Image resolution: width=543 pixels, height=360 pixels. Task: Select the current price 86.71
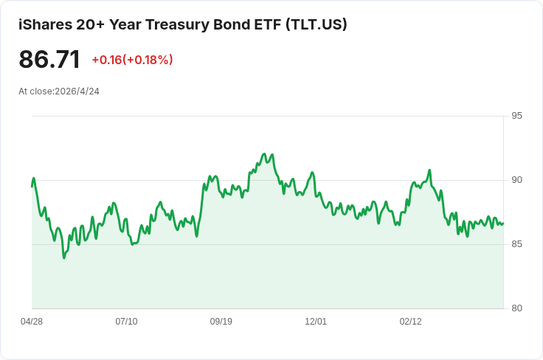coord(49,59)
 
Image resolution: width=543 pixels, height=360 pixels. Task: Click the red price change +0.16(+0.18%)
coord(132,60)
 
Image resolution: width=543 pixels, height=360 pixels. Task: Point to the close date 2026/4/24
coord(77,91)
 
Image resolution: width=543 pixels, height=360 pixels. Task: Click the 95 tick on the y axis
coord(516,116)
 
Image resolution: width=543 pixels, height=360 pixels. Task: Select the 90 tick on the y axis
coord(516,180)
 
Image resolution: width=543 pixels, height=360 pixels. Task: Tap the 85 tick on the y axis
coord(516,244)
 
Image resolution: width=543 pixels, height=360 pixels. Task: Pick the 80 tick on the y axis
coord(516,308)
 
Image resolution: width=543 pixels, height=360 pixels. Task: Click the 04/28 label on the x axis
coord(32,322)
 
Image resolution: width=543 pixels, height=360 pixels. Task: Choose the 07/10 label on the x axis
coord(126,322)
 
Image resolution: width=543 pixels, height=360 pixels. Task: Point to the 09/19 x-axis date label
coord(221,322)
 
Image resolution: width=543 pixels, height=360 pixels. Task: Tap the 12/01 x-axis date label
coord(316,322)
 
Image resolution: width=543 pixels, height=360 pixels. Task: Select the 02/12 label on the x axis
coord(410,322)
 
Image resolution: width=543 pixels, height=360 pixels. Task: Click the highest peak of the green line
coord(264,154)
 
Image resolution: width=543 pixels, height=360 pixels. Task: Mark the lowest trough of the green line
coord(64,257)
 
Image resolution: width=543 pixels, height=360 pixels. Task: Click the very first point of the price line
coord(32,186)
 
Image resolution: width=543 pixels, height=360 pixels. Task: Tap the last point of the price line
coord(502,224)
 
